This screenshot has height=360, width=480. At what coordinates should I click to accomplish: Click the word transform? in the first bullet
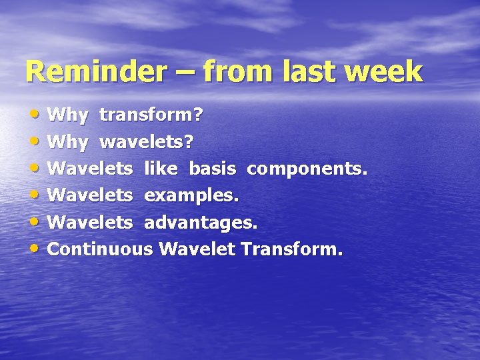click(x=151, y=115)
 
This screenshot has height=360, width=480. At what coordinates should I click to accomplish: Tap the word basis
click(x=212, y=169)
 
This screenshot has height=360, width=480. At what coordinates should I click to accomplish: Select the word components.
click(x=307, y=169)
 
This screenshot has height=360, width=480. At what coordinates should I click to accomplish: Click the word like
click(x=161, y=169)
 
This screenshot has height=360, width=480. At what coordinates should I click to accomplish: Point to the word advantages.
click(x=201, y=223)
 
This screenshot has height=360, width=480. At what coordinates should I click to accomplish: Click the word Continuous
click(x=101, y=250)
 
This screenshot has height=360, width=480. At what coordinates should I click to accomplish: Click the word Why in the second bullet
click(x=68, y=142)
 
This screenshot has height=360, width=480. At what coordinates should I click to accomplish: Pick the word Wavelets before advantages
click(x=91, y=223)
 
